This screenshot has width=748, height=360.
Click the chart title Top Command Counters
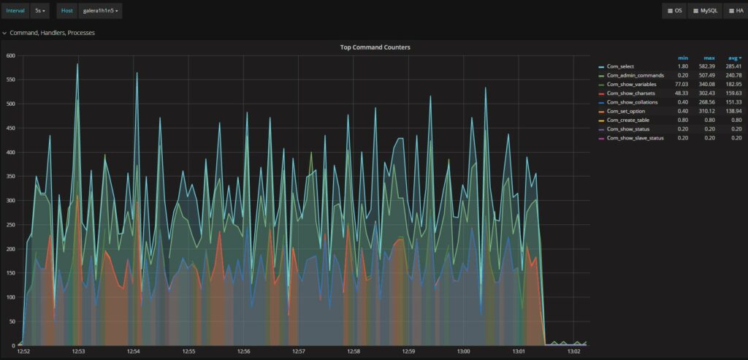coord(375,47)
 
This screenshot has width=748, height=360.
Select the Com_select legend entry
coord(622,66)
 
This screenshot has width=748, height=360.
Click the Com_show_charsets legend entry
coord(630,93)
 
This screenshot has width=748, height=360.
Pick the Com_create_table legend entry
coord(628,120)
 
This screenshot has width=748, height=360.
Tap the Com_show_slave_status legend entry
coord(635,138)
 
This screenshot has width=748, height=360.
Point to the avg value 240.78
coord(733,75)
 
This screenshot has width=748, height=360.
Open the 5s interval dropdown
coord(41,11)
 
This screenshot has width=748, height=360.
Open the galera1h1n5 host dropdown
coord(102,11)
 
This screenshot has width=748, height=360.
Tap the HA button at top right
coord(735,11)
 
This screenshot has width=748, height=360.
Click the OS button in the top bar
coord(675,11)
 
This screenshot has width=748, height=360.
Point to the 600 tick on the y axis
coord(10,55)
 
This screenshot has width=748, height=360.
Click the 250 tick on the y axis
coord(10,225)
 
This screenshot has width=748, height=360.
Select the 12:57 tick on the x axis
coord(298,352)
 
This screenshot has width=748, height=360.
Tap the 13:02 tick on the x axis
coord(573,352)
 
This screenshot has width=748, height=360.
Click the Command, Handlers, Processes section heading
coord(52,33)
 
